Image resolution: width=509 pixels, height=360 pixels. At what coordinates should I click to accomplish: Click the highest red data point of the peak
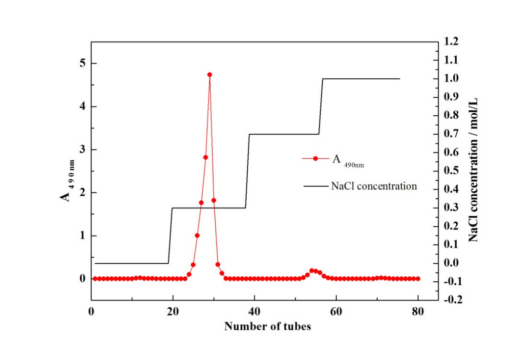(x=210, y=75)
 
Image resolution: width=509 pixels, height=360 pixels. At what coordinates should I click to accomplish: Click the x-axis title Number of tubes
(x=267, y=327)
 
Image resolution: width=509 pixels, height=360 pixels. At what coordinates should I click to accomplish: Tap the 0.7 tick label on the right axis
(x=451, y=134)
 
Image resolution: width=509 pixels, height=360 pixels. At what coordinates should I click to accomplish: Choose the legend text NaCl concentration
(x=374, y=186)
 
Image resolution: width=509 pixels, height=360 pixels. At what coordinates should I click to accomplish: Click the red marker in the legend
(x=316, y=158)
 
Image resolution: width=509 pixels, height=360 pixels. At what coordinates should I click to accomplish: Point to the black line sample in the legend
(x=316, y=186)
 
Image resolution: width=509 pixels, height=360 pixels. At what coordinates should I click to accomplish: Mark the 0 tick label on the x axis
(x=91, y=312)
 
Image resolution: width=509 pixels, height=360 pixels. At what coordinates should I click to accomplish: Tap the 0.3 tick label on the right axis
(x=451, y=208)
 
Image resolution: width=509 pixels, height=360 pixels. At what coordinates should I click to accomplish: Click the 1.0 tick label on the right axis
(x=451, y=79)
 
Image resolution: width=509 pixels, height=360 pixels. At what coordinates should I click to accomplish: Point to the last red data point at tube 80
(x=418, y=278)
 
